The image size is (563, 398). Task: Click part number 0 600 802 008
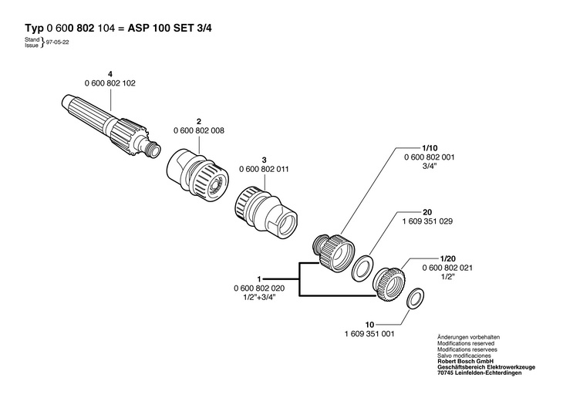(x=199, y=131)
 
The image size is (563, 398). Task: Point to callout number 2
(x=199, y=122)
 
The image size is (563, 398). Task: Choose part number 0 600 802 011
(x=265, y=167)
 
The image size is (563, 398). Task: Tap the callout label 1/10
(x=430, y=147)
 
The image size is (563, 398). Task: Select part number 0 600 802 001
(x=430, y=157)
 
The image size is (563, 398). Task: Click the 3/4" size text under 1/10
(x=430, y=166)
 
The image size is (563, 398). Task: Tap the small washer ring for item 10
(x=413, y=297)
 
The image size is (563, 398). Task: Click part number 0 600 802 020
(x=259, y=288)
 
